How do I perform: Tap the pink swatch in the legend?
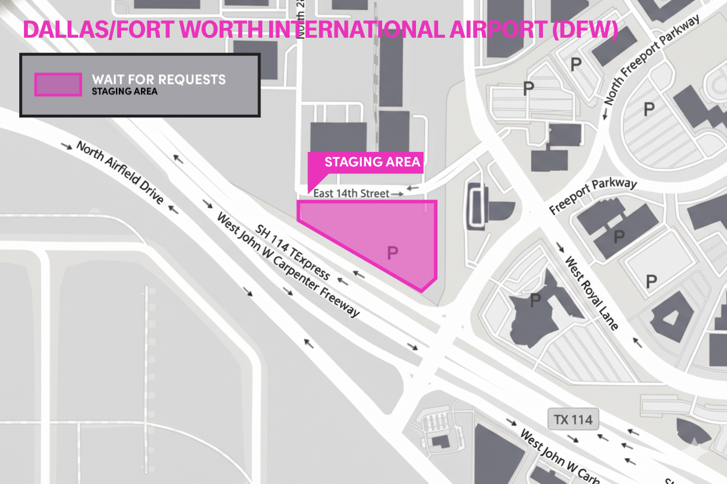point(58,84)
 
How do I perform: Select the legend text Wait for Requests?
point(158,79)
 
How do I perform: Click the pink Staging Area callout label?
point(372,162)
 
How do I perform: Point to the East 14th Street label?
point(351,193)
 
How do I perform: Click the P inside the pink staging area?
point(393,252)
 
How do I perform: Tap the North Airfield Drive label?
point(120,172)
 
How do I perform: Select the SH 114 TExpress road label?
point(293,252)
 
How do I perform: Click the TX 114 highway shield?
point(573,420)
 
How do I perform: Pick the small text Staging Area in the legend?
point(125,91)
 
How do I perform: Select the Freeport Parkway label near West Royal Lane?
point(594,196)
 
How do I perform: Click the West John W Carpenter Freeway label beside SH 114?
point(288,265)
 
